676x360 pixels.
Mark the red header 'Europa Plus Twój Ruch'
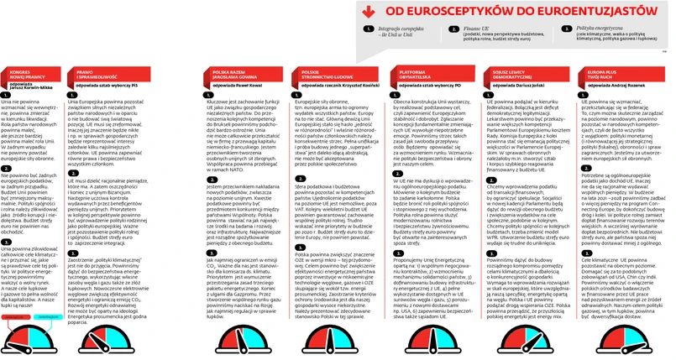pyautogui.click(x=596, y=76)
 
